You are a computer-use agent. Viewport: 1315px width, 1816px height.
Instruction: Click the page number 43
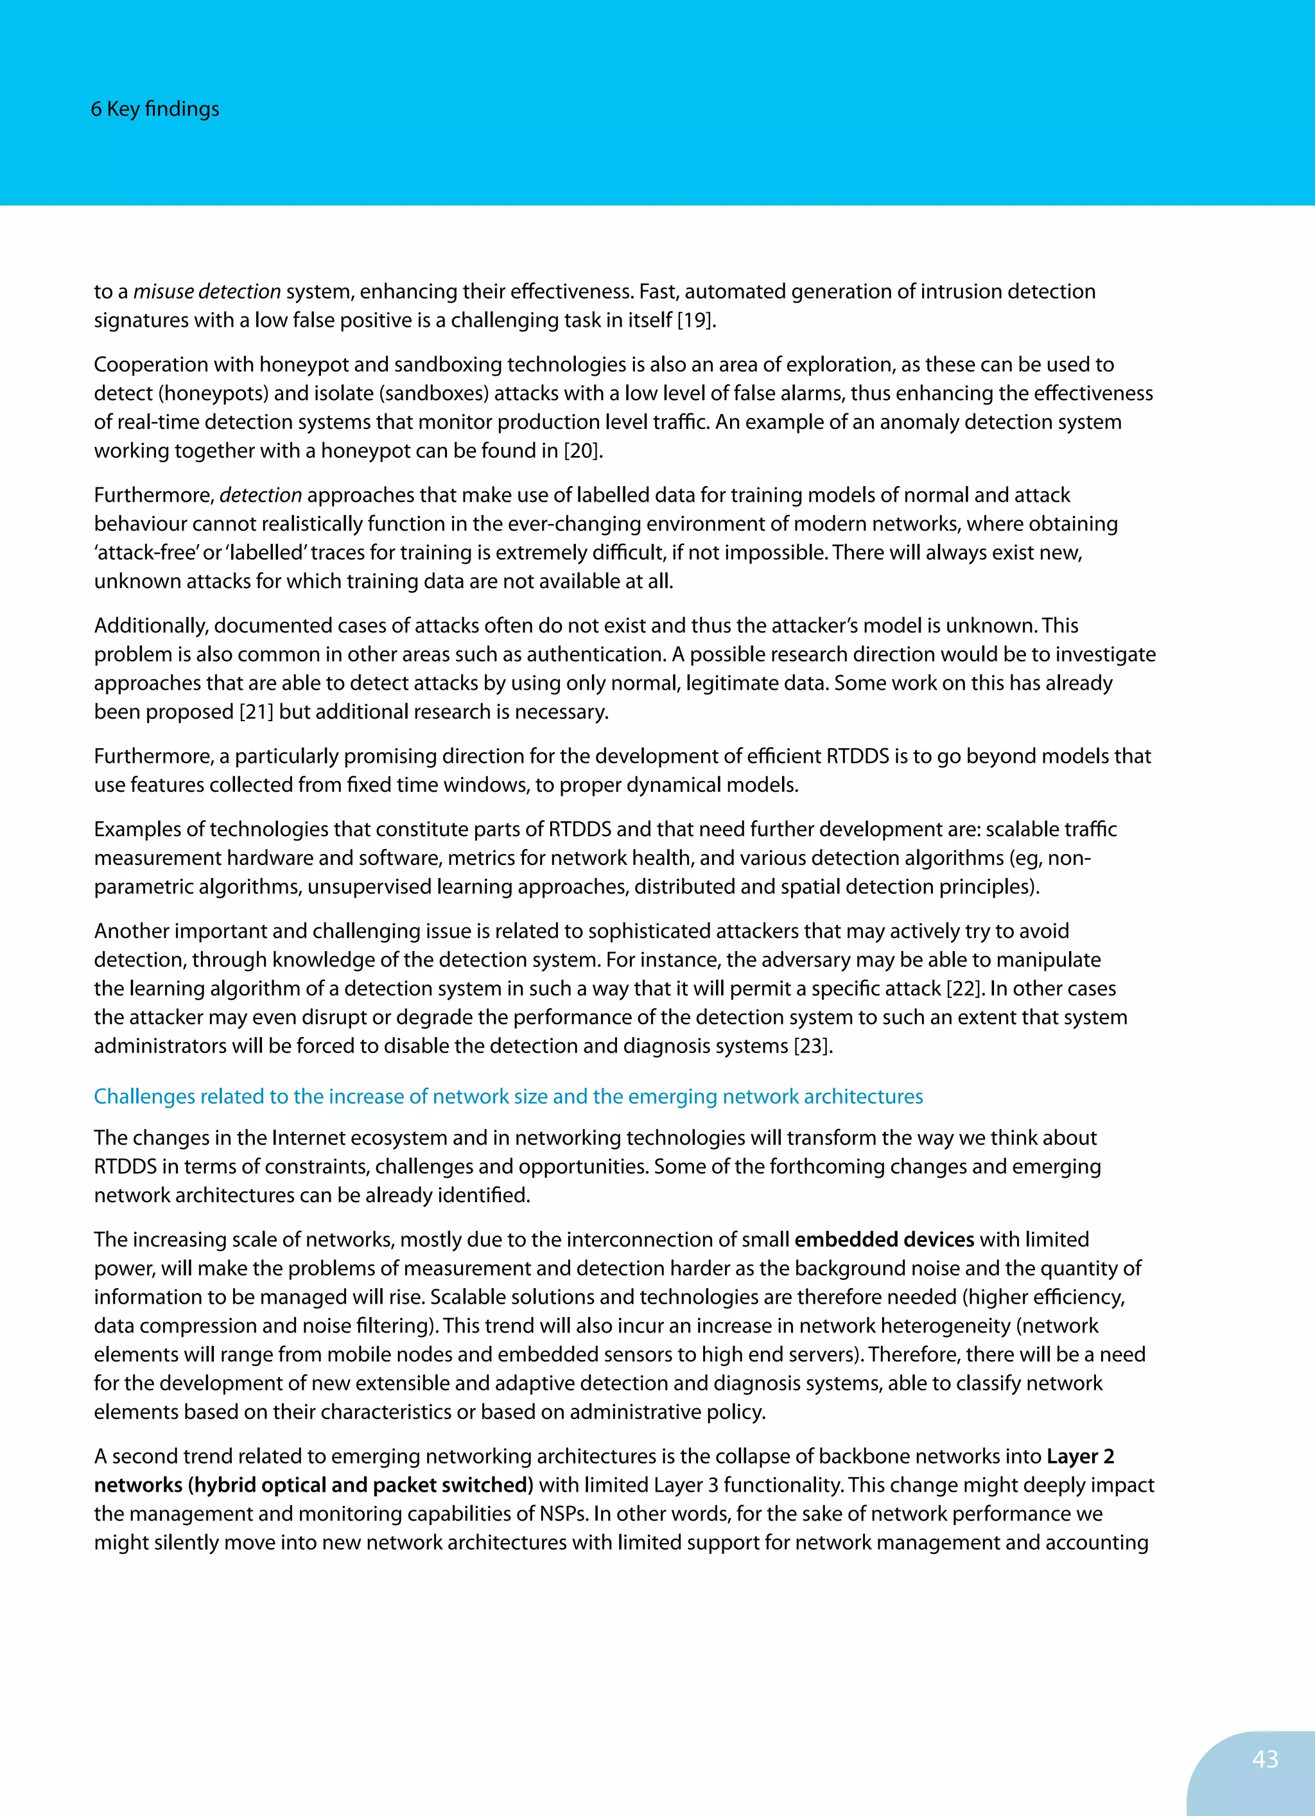pos(1264,1759)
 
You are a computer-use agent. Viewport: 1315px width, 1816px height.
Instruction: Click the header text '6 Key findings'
pos(155,109)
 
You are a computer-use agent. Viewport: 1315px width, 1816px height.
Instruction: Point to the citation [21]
pos(256,712)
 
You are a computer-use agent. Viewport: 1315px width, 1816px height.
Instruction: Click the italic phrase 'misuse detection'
pos(207,292)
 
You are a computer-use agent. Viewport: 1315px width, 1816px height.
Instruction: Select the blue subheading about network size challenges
pos(508,1096)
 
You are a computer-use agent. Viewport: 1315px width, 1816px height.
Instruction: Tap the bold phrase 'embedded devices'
pos(884,1239)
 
